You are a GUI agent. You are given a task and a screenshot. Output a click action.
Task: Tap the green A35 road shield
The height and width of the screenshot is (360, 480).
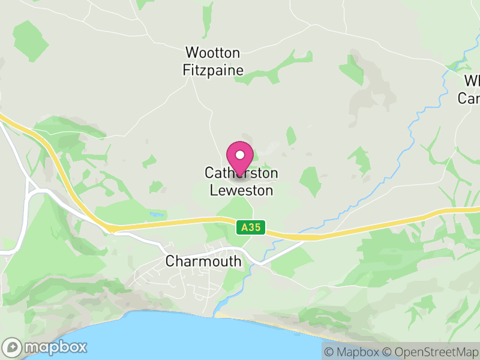[x=251, y=228]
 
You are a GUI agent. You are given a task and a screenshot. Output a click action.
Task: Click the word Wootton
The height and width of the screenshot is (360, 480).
[x=213, y=53]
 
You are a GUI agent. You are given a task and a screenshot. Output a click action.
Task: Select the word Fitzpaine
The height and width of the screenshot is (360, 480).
[x=213, y=70]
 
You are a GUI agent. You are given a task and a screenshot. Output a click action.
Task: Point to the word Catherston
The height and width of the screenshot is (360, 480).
[x=241, y=174]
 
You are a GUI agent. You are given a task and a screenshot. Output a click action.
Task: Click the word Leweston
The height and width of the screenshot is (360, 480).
[x=241, y=191]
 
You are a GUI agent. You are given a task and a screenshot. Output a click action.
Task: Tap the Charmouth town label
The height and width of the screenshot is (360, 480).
[x=203, y=262]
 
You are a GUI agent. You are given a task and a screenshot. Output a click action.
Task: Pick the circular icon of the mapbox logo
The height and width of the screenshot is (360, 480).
[x=12, y=347]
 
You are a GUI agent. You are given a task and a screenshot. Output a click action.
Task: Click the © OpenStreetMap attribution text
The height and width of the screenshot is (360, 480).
[x=431, y=352]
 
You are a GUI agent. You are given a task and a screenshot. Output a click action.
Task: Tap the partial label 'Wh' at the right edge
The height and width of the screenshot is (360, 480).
[x=472, y=81]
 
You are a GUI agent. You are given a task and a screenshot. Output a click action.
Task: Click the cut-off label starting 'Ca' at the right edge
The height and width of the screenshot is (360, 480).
[x=469, y=98]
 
